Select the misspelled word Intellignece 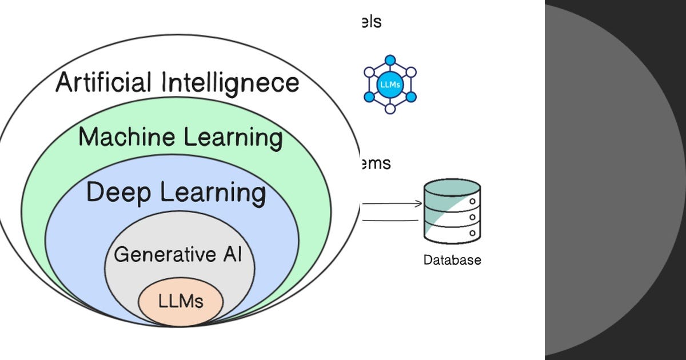point(230,82)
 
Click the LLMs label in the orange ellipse point(181,301)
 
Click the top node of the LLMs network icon point(390,60)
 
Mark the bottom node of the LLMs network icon point(390,109)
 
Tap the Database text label point(452,261)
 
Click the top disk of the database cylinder point(452,187)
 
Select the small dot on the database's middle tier point(472,218)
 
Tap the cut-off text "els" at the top point(370,22)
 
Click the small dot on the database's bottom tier point(472,233)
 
